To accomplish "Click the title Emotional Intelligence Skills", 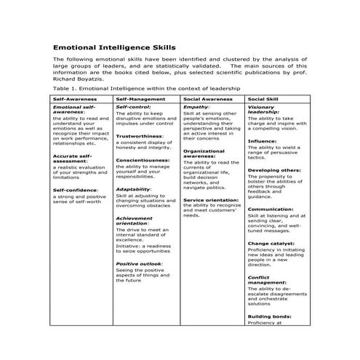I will point(114,46).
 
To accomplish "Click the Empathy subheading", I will point(196,107).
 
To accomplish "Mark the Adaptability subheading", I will point(134,189).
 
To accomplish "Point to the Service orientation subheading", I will point(212,199).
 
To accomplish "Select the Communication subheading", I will point(271,209).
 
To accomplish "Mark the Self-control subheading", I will point(133,107).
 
